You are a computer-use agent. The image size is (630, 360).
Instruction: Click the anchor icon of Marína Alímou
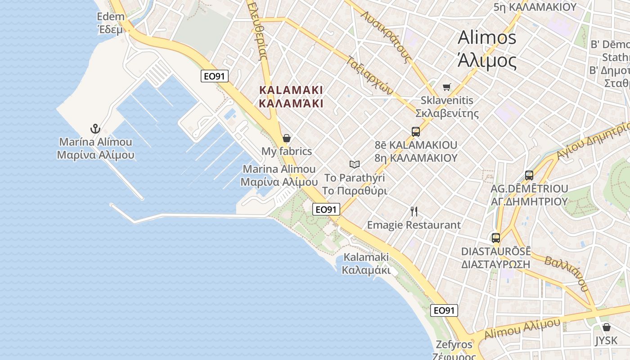[95, 129]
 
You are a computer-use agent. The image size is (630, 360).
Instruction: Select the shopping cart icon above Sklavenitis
[446, 87]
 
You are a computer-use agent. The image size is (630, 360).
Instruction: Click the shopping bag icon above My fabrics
[286, 138]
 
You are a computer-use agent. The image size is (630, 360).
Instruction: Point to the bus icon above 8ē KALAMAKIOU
[416, 131]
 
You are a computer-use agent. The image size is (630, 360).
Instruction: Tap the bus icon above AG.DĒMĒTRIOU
[529, 175]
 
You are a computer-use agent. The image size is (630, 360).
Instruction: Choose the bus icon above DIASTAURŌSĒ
[495, 238]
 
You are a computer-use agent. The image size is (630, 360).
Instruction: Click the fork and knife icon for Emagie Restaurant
[414, 211]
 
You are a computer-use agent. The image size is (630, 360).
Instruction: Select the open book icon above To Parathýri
[355, 164]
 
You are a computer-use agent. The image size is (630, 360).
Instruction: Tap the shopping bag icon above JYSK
[606, 327]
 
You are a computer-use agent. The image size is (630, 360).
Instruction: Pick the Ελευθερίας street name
[258, 31]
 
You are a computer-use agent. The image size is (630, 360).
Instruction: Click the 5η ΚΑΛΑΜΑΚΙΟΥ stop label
[535, 7]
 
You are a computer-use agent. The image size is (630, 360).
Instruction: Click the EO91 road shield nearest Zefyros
[444, 310]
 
